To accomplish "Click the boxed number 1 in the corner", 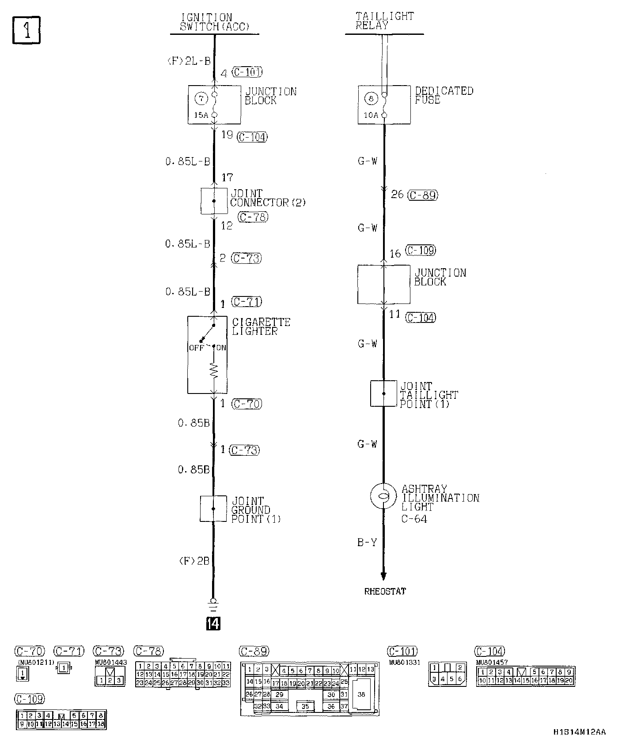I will (27, 30).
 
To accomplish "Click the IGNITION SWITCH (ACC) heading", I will (214, 22).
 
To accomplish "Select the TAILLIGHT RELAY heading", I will (384, 21).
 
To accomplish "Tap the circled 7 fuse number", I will (201, 98).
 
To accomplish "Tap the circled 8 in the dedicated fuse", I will (371, 98).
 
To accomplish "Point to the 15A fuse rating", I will (201, 115).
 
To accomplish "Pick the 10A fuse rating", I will (371, 115).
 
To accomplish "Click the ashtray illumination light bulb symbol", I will (383, 495).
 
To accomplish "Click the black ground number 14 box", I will (213, 623).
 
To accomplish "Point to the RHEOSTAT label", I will (385, 592).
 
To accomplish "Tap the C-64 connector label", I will (414, 519).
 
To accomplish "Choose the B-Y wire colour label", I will (367, 542).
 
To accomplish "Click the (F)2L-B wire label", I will (189, 61).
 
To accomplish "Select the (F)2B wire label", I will (194, 561).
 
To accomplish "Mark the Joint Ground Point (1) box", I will (213, 509).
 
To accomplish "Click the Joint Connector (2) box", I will (214, 201).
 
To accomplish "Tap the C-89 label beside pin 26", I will (423, 195).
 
